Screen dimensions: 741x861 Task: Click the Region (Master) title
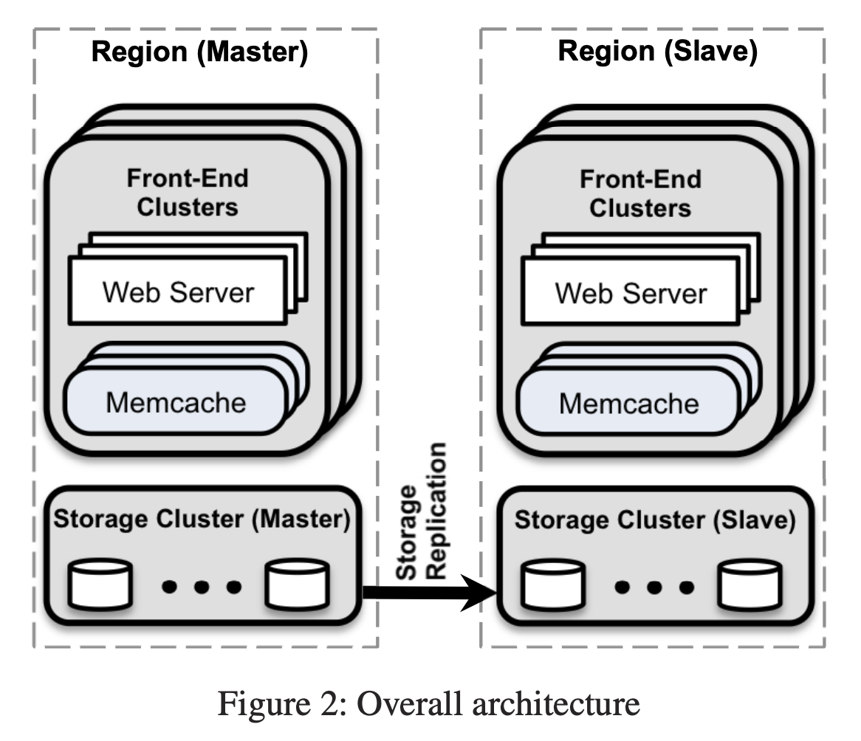click(199, 53)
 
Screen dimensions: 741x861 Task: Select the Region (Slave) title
click(657, 53)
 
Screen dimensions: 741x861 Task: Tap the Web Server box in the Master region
click(178, 293)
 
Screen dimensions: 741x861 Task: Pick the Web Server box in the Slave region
click(631, 293)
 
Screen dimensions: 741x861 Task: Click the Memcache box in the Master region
click(176, 403)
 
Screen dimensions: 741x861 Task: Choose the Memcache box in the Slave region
click(628, 403)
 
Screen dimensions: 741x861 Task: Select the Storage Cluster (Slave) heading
click(654, 520)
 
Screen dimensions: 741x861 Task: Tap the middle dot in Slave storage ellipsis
click(654, 587)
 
